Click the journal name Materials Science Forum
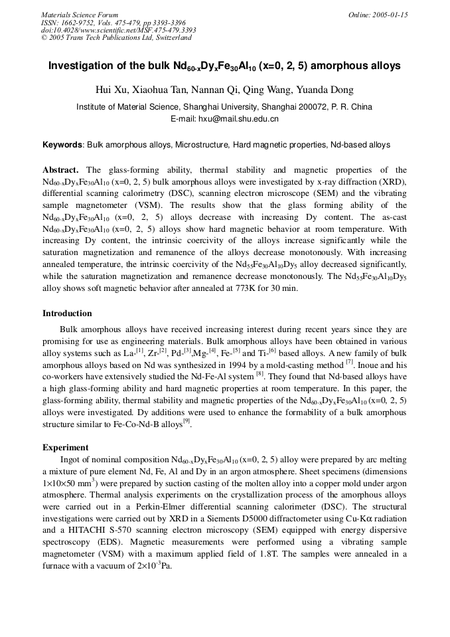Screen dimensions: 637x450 point(80,15)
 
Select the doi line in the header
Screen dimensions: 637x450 point(119,30)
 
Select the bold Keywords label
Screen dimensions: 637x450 point(62,144)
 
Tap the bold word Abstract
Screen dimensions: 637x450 point(60,170)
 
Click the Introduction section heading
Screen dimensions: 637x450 point(67,313)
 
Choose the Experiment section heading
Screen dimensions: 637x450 point(65,447)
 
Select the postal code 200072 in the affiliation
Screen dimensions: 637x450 point(314,107)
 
